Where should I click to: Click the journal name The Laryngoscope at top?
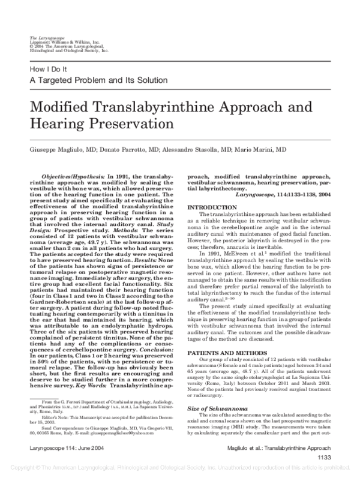coord(43,38)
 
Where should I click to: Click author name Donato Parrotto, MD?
coord(129,149)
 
